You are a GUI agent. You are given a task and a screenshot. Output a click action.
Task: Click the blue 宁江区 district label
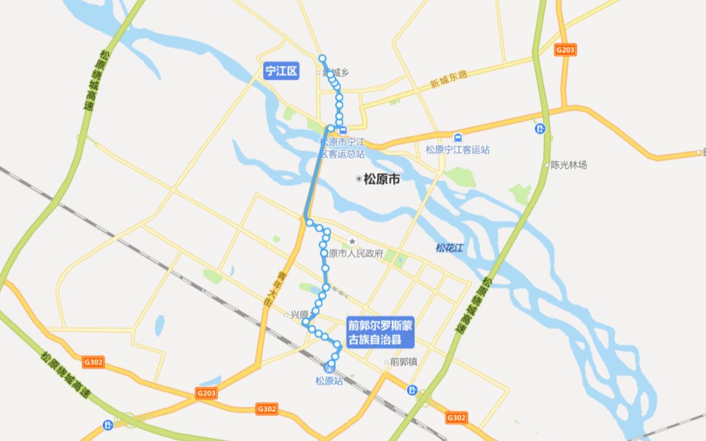282,71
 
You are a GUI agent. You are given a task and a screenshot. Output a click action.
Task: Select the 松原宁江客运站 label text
458,150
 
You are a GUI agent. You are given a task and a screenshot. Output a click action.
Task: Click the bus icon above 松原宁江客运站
458,137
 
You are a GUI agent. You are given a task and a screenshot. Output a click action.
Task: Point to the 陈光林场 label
568,164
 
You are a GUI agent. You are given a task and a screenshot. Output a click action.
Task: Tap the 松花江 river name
450,248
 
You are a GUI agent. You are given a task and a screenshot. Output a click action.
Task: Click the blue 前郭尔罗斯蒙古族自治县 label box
380,333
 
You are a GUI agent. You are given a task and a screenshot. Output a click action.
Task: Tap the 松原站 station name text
329,381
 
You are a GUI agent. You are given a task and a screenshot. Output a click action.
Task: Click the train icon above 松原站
329,369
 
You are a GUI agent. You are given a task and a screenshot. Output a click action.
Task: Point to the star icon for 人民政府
351,242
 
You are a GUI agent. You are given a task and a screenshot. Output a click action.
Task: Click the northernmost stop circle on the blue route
323,58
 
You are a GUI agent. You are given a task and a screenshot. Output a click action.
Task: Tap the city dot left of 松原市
358,179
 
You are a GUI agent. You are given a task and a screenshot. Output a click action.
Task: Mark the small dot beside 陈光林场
547,164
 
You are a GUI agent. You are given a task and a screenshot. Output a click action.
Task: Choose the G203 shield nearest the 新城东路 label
565,50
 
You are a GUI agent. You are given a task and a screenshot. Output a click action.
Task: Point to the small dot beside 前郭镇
386,361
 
